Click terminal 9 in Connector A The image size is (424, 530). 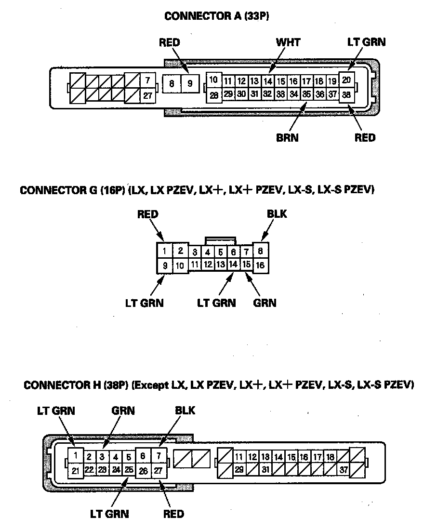190,83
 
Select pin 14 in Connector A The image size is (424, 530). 268,81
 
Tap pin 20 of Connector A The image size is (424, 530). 346,80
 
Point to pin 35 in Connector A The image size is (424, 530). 306,94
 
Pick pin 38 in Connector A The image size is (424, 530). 346,95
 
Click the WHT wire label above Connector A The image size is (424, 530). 288,42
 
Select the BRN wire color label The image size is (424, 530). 287,138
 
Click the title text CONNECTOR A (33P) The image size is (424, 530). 217,16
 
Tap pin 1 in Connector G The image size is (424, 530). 164,251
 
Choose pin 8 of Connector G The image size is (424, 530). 260,251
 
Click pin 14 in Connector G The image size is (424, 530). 233,264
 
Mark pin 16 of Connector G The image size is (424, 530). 260,265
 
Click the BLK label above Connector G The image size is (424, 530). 276,213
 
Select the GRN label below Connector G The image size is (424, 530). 265,303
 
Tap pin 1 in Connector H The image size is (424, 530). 75,454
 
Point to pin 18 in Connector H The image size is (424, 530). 330,457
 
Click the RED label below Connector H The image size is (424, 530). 173,514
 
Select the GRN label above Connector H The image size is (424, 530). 123,411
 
